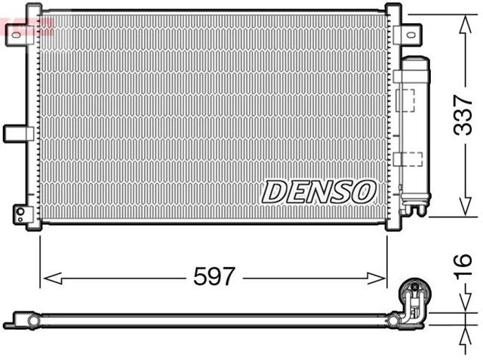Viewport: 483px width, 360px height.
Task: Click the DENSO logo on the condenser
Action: tap(318, 192)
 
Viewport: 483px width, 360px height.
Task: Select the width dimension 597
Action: tap(214, 277)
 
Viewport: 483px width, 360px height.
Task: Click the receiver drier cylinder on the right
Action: tap(414, 128)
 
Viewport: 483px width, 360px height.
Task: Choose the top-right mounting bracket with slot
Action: tap(408, 33)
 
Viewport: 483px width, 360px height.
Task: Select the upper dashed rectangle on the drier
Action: tap(408, 100)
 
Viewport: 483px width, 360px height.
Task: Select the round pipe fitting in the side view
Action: tap(413, 290)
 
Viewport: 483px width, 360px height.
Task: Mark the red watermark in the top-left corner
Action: tap(26, 27)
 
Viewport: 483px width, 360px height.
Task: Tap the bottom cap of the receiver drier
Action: tap(414, 205)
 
